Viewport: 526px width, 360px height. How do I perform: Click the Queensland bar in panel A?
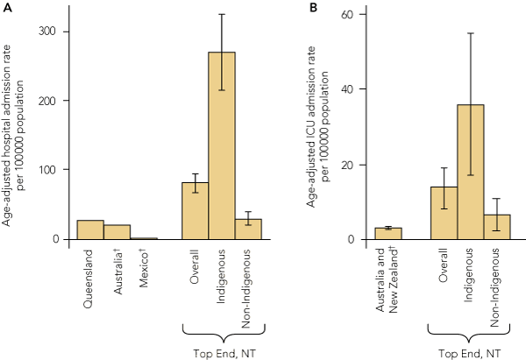pos(90,229)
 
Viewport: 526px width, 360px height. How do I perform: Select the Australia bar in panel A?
pos(117,232)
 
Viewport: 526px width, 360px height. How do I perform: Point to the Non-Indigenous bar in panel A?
pos(248,229)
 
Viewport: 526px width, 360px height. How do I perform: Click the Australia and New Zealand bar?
pos(388,234)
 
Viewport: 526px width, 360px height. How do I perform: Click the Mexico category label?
pos(144,272)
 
